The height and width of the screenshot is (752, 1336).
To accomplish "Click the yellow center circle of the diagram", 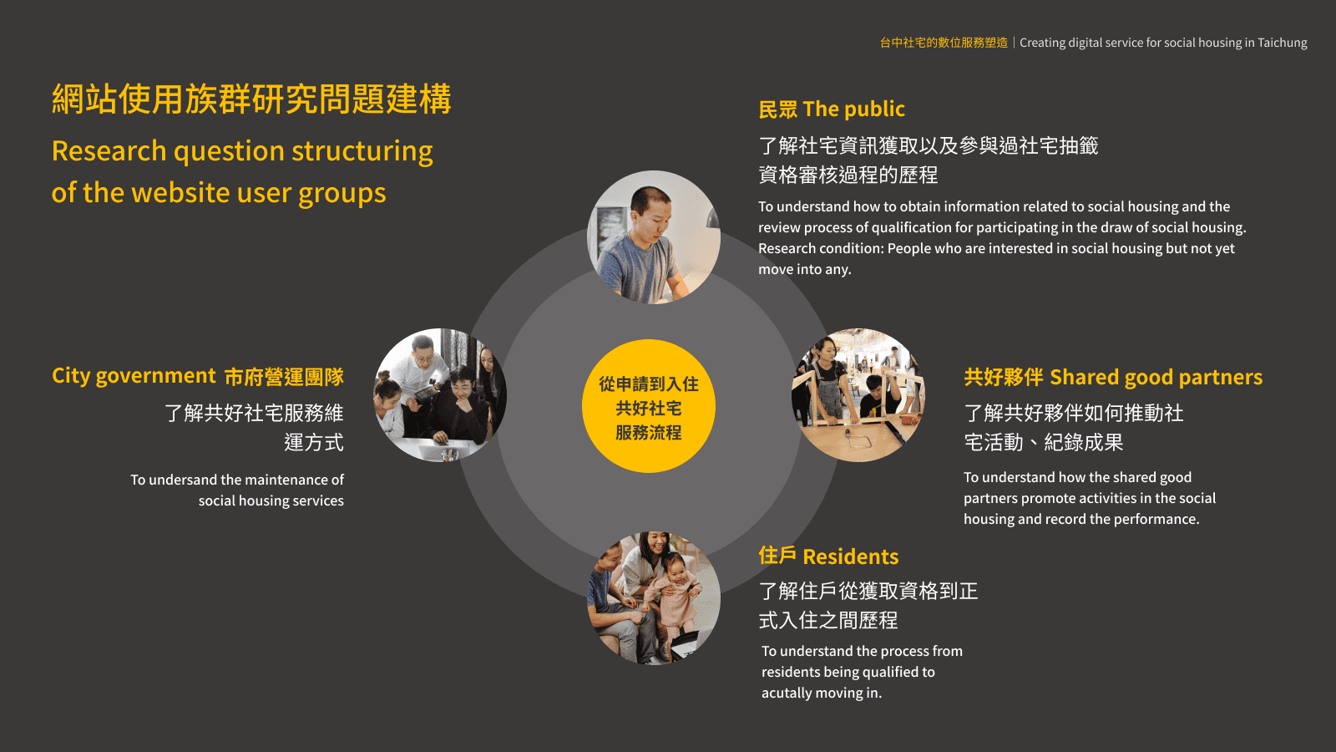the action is (x=648, y=406).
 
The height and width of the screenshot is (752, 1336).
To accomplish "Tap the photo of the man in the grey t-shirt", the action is (x=653, y=237).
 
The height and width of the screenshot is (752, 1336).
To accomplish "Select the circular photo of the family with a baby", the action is (x=653, y=598).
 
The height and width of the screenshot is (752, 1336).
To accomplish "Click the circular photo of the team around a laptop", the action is (x=440, y=395).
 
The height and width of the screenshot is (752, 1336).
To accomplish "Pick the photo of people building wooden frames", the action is (x=858, y=395).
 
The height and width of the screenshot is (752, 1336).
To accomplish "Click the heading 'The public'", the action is (x=853, y=109).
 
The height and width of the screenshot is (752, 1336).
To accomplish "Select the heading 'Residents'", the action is (x=850, y=556).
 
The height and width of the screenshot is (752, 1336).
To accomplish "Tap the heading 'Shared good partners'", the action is (x=1156, y=378).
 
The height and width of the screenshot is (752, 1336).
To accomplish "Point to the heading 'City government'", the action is (x=134, y=376).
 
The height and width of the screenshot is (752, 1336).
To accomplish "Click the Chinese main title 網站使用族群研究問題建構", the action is (x=251, y=99).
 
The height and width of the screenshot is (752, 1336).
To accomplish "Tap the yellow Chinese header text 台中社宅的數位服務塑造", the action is (x=944, y=43).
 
